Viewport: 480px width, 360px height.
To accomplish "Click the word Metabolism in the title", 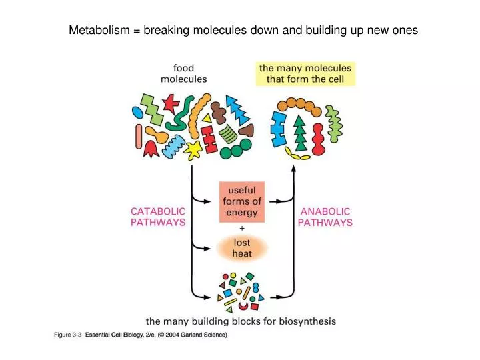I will click(98, 30).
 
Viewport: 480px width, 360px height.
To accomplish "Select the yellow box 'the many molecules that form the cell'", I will click(306, 73).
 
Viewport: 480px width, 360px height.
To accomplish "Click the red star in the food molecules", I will click(171, 103).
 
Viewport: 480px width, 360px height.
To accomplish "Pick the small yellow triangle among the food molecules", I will click(207, 118).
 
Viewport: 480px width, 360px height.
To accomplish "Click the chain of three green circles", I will click(236, 149).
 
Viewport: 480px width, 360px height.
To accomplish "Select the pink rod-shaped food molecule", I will click(139, 137).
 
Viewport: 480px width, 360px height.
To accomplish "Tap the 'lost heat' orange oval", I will click(241, 249).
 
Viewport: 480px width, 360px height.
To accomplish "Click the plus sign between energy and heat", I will click(241, 228).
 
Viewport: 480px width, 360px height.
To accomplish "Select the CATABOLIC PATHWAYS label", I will click(157, 217).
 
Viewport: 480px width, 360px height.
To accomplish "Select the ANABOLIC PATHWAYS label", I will click(325, 217).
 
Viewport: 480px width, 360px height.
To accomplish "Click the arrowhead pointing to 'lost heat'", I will click(212, 249).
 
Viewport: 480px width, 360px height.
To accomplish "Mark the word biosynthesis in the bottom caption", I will click(305, 321).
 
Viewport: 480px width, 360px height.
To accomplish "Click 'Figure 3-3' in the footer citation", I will click(67, 335).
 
